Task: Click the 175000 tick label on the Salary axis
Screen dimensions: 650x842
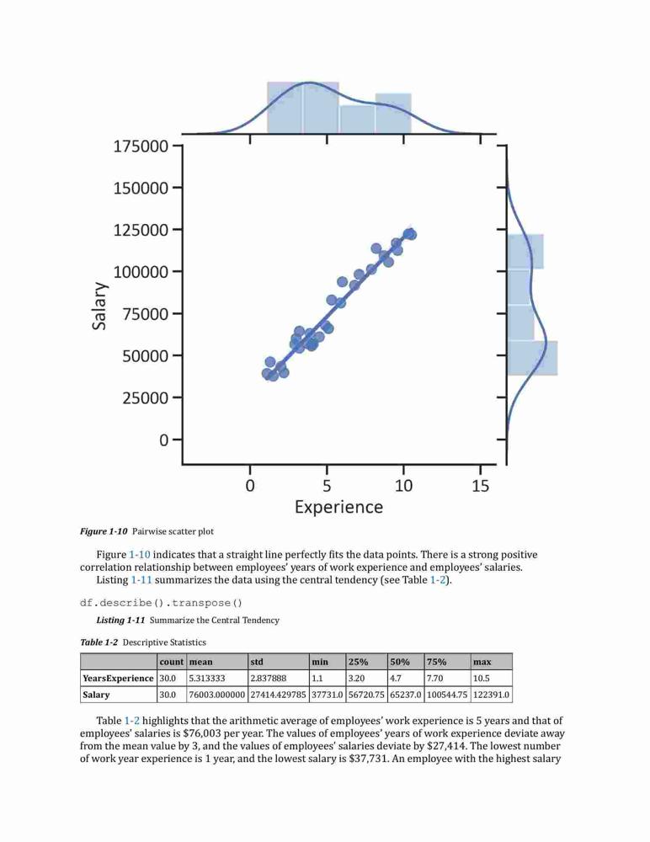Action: pyautogui.click(x=141, y=146)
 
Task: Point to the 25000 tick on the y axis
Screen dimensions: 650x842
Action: pyautogui.click(x=177, y=398)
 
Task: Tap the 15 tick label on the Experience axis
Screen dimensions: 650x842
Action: pyautogui.click(x=480, y=486)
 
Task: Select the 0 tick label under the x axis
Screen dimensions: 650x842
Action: pyautogui.click(x=250, y=486)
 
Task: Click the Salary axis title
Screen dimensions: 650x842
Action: pyautogui.click(x=99, y=306)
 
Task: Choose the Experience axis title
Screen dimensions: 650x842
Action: pyautogui.click(x=339, y=507)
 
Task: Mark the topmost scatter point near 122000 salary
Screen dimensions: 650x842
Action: pyautogui.click(x=410, y=234)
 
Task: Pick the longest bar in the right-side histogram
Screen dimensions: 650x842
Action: pyautogui.click(x=532, y=358)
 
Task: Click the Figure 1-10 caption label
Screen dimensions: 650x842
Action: pyautogui.click(x=104, y=531)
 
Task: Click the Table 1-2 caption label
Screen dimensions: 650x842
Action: pyautogui.click(x=99, y=642)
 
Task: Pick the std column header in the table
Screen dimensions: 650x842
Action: pyautogui.click(x=257, y=662)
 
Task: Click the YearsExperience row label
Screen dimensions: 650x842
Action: pyautogui.click(x=118, y=678)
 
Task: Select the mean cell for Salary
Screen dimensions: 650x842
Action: pyautogui.click(x=217, y=695)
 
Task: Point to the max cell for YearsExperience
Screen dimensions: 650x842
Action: pyautogui.click(x=482, y=678)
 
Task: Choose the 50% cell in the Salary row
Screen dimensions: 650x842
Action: pyautogui.click(x=406, y=695)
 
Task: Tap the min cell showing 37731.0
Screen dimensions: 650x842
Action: pyautogui.click(x=328, y=695)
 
